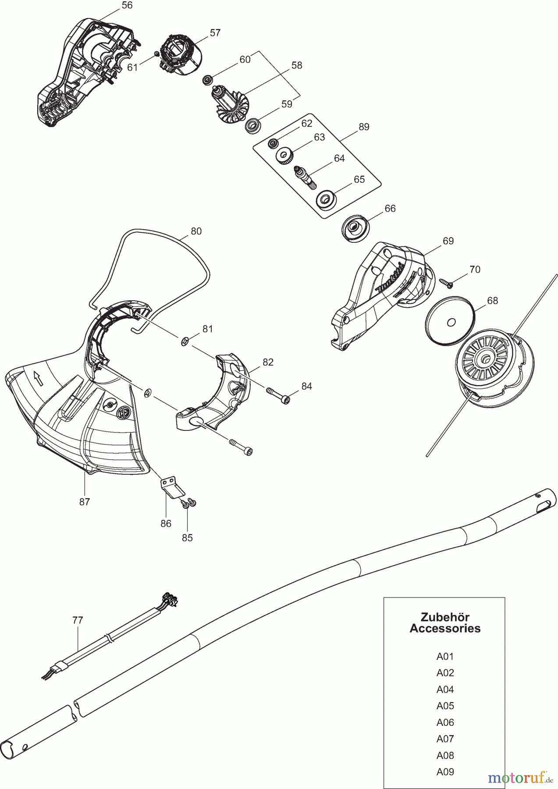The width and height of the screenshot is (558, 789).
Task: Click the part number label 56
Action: pyautogui.click(x=127, y=5)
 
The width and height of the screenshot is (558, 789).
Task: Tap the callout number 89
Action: pyautogui.click(x=364, y=127)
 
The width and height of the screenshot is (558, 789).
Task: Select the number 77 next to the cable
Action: pyautogui.click(x=78, y=620)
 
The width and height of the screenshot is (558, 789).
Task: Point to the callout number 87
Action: pyautogui.click(x=85, y=502)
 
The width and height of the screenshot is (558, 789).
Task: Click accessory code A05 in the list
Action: pyautogui.click(x=445, y=706)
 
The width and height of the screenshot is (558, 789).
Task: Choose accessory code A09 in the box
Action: pyautogui.click(x=445, y=772)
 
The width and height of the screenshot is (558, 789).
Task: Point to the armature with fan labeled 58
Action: pyautogui.click(x=229, y=106)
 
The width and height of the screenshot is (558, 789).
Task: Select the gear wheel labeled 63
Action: pyautogui.click(x=285, y=156)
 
